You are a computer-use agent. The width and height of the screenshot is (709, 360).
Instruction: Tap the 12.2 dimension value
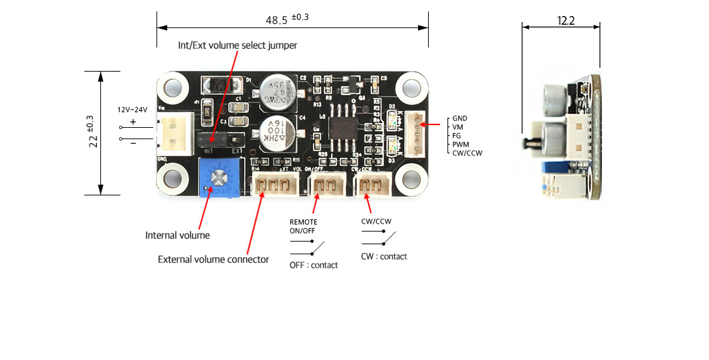pyautogui.click(x=565, y=20)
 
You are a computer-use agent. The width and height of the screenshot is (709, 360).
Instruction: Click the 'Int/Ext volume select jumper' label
pyautogui.click(x=237, y=46)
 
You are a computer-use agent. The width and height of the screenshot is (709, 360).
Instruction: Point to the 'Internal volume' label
pyautogui.click(x=177, y=236)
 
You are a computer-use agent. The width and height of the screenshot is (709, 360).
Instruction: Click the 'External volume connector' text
pyautogui.click(x=213, y=259)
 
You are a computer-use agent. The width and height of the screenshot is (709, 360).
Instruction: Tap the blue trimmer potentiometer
pyautogui.click(x=218, y=179)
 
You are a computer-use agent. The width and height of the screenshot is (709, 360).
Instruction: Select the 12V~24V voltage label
pyautogui.click(x=132, y=109)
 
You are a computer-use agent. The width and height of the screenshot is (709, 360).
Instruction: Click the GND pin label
pyautogui.click(x=460, y=118)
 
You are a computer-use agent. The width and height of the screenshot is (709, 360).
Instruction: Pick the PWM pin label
pyautogui.click(x=461, y=144)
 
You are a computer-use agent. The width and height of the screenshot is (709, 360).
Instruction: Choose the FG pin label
pyautogui.click(x=457, y=135)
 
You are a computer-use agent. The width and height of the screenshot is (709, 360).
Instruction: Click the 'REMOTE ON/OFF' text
pyautogui.click(x=303, y=226)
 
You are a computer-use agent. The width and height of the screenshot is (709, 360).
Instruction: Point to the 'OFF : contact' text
pyautogui.click(x=314, y=265)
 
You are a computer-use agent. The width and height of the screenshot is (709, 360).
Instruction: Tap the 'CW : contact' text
pyautogui.click(x=384, y=256)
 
